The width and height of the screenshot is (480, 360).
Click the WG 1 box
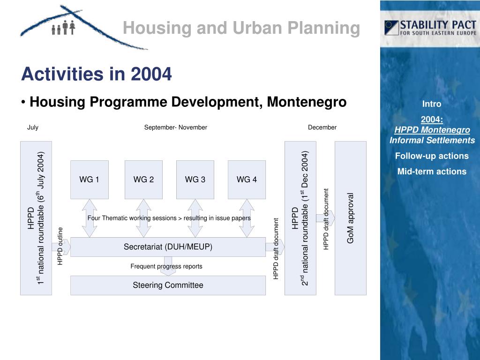click(x=89, y=180)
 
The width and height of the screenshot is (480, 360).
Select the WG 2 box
click(x=143, y=180)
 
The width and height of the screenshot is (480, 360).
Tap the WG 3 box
click(x=195, y=180)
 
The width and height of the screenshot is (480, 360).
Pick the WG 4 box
click(x=247, y=180)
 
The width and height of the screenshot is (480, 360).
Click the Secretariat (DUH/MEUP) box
click(x=168, y=247)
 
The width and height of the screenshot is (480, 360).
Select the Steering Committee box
click(x=168, y=285)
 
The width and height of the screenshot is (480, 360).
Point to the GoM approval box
click(x=350, y=218)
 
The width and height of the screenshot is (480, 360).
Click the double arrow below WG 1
click(x=89, y=218)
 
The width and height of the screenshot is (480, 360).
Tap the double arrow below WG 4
click(x=247, y=218)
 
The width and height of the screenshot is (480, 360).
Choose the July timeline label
click(x=33, y=127)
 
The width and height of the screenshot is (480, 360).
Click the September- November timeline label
click(x=175, y=127)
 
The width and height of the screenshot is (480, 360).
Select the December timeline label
click(x=322, y=127)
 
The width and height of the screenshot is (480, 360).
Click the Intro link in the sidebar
click(x=432, y=104)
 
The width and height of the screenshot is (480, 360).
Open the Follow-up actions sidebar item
click(x=432, y=156)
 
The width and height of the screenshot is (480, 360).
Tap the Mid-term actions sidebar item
click(x=432, y=172)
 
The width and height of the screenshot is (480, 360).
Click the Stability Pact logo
click(x=430, y=28)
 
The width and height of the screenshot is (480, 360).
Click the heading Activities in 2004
click(x=97, y=74)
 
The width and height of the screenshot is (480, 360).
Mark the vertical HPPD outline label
click(x=60, y=246)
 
